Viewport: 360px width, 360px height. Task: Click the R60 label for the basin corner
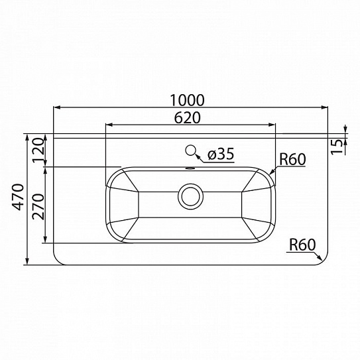pos(292,158)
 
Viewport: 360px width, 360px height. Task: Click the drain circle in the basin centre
pos(191,196)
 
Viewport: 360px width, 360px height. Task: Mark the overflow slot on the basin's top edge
pos(191,168)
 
